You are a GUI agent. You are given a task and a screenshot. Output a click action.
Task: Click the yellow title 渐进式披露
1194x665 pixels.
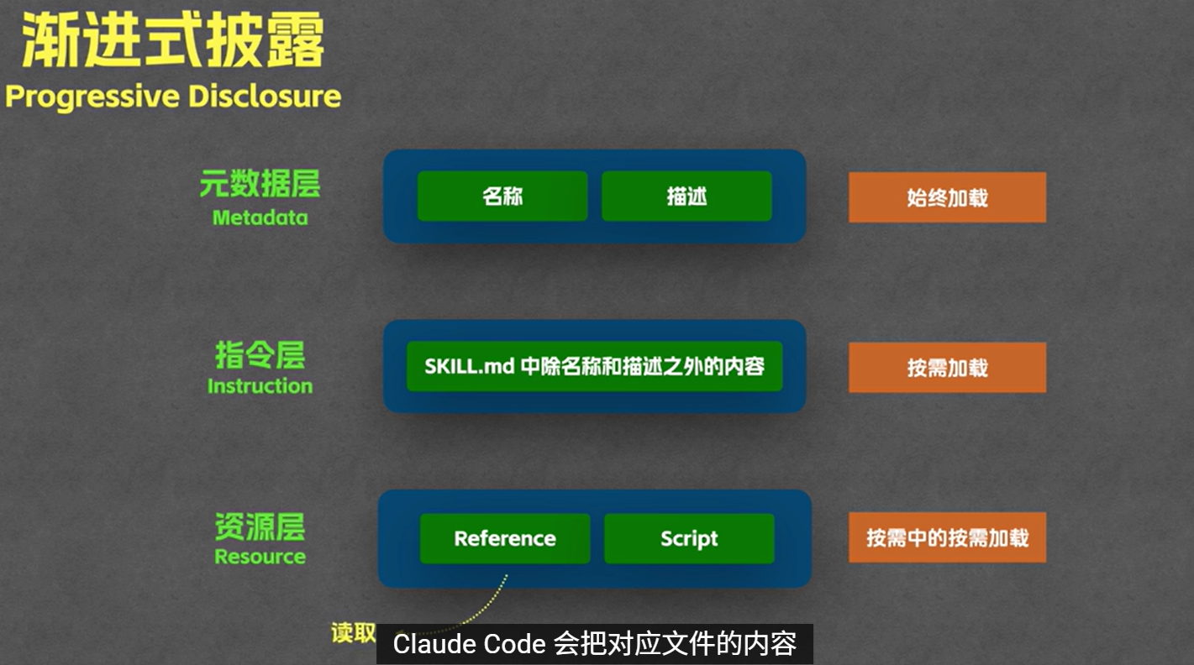[x=172, y=42]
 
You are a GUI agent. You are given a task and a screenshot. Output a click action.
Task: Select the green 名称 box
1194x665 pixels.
[x=502, y=196]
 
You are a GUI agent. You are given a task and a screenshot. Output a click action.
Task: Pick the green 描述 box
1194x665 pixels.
[x=686, y=196]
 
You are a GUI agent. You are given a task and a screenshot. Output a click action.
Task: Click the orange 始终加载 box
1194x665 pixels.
[x=947, y=198]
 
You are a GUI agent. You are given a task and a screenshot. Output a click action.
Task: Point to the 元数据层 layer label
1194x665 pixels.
[x=260, y=184]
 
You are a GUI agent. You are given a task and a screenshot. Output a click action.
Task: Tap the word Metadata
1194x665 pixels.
[x=260, y=218]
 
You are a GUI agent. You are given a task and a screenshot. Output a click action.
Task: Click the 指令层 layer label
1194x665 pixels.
[x=260, y=355]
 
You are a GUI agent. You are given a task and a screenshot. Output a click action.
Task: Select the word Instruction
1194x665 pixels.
[x=260, y=386]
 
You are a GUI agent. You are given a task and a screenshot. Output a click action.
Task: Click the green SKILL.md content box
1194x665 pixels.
[x=594, y=366]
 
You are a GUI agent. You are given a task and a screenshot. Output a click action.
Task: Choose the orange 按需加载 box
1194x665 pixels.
[x=947, y=368]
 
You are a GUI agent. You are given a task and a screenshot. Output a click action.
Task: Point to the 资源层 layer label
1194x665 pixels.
[x=260, y=526]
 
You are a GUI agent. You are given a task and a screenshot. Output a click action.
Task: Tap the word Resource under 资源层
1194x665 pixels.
[x=260, y=557]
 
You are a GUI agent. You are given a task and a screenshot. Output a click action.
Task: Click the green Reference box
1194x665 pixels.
[x=505, y=538]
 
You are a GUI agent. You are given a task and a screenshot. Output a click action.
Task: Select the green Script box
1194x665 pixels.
[x=689, y=538]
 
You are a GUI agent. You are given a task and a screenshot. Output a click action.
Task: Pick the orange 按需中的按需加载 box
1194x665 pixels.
[x=947, y=537]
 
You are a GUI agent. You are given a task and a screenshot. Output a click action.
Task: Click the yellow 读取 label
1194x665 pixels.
[x=353, y=633]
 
